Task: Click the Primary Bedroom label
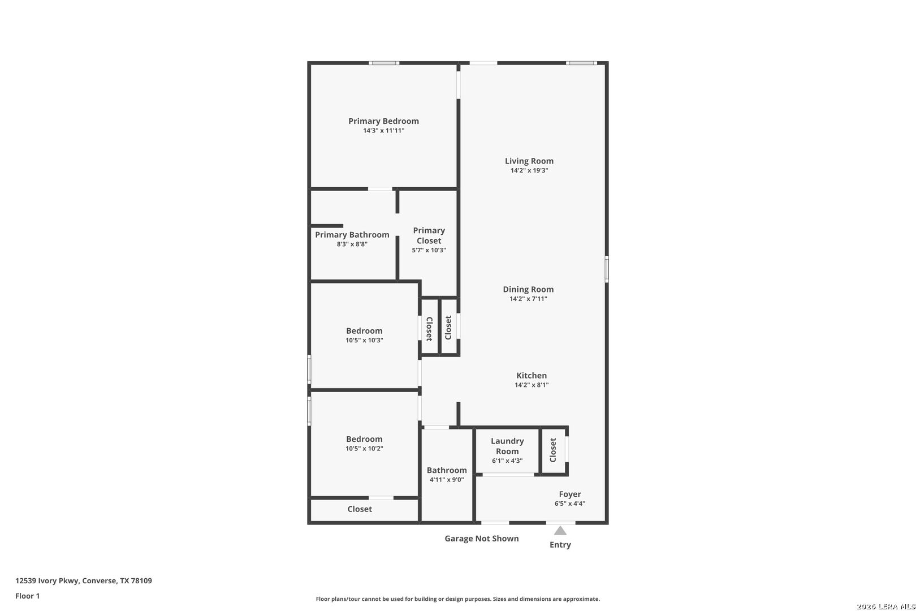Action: [383, 121]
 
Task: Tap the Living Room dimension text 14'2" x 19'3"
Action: [529, 170]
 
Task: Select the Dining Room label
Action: [528, 289]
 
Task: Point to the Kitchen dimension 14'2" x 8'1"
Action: [532, 385]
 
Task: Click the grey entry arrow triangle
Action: [560, 531]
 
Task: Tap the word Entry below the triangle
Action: [560, 545]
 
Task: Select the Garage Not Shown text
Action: [481, 539]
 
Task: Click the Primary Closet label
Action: [429, 235]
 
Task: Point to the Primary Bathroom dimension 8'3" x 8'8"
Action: [352, 244]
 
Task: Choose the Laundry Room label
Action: [507, 446]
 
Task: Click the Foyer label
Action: [570, 494]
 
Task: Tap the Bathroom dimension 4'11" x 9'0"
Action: [447, 480]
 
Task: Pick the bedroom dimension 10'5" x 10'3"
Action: [364, 341]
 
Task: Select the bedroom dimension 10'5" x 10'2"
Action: [364, 449]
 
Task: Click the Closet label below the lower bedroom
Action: [360, 509]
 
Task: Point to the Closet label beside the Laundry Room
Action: [553, 450]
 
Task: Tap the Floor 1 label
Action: [28, 596]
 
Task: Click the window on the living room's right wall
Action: [607, 269]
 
